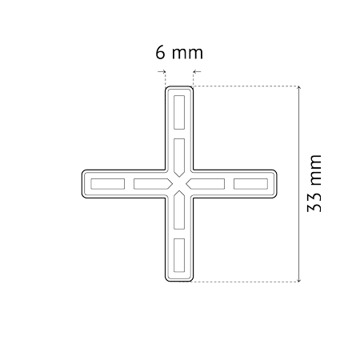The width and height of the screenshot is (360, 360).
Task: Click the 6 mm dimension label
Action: point(179,53)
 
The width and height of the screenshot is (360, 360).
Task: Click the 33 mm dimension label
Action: point(314,183)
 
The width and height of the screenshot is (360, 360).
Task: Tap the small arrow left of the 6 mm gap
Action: point(162,71)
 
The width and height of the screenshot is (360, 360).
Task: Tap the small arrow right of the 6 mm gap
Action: point(197,71)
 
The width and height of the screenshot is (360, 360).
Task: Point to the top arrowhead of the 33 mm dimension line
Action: point(299,88)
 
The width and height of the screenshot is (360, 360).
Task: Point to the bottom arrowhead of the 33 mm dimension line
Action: point(299,280)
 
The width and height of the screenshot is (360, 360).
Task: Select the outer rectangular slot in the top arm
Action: point(179,112)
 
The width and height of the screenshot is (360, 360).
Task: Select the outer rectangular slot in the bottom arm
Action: point(179,255)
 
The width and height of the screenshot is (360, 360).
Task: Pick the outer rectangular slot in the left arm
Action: point(108,184)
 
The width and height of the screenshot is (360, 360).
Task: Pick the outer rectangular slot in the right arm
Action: point(250,184)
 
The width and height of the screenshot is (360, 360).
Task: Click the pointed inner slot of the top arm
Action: point(179,158)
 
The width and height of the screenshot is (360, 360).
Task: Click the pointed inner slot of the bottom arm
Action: point(179,210)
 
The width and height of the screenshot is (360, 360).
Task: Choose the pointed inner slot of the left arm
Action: point(153,184)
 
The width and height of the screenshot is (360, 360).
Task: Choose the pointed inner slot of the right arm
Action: point(206,184)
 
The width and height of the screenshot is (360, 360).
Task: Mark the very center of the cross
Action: point(179,184)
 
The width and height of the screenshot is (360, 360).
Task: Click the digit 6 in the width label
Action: point(160,53)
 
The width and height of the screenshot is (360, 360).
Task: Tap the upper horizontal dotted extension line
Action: point(246,86)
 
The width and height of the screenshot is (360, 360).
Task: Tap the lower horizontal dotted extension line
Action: point(246,282)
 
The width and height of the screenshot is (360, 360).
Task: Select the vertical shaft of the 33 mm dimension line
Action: point(299,184)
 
